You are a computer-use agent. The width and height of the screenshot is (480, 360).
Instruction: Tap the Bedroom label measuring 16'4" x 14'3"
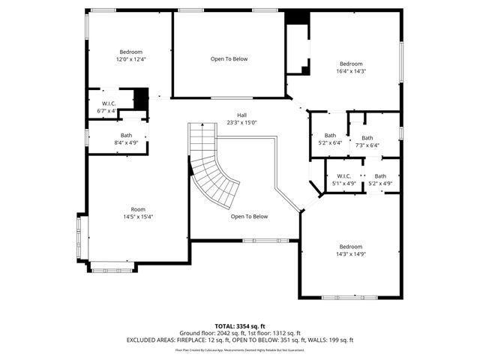coord(350,67)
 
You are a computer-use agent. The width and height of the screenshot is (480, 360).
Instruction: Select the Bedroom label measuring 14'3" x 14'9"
coord(350,250)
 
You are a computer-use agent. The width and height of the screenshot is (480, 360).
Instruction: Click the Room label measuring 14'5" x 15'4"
coord(138,213)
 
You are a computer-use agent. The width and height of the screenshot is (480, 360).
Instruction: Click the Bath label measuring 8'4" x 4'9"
coord(126,139)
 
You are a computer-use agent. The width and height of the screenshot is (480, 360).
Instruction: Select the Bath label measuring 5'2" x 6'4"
coord(329,139)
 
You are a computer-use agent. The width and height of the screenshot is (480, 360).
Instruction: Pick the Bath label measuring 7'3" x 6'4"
coord(367,142)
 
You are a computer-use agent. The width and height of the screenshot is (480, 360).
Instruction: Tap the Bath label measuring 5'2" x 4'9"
coord(380,180)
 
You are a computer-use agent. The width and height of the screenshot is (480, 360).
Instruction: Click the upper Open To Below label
coord(229,58)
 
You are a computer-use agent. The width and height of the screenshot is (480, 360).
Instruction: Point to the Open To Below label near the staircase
coord(249,217)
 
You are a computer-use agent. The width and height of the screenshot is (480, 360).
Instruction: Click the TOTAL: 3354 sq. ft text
coord(240,326)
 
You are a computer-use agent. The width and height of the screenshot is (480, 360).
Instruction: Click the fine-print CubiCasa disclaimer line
coord(240,349)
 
